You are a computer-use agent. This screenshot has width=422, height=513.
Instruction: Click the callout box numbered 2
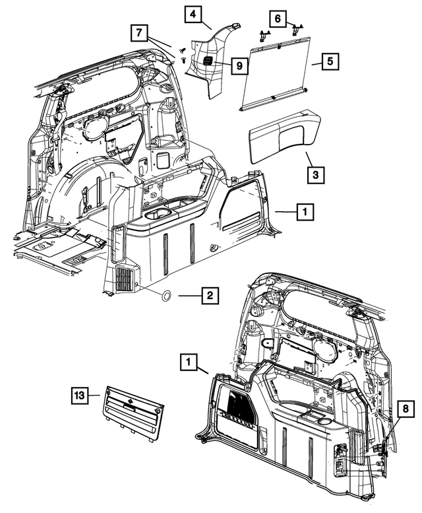tap(210, 296)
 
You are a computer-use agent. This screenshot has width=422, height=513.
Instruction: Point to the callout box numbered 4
tap(193, 14)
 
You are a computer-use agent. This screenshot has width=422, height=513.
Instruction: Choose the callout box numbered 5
tap(330, 61)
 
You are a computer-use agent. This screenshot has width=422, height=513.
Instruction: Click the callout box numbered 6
tap(278, 19)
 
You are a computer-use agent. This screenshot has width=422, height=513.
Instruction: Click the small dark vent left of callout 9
tap(207, 61)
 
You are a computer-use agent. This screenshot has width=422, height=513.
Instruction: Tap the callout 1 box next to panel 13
tap(190, 362)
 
